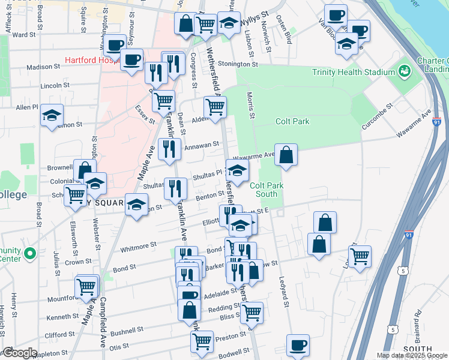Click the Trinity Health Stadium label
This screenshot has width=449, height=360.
coord(353,73)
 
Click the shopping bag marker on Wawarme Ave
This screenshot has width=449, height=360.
coord(287,155)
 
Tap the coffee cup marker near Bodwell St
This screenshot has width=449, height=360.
coord(298,345)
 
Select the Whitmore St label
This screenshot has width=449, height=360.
coord(138,245)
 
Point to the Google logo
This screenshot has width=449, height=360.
coord(20,353)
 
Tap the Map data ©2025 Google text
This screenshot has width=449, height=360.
coord(412,355)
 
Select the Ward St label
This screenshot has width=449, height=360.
coord(20,35)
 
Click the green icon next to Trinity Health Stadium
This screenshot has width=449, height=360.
coord(405,72)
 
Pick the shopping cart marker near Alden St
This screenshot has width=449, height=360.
coord(215,108)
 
